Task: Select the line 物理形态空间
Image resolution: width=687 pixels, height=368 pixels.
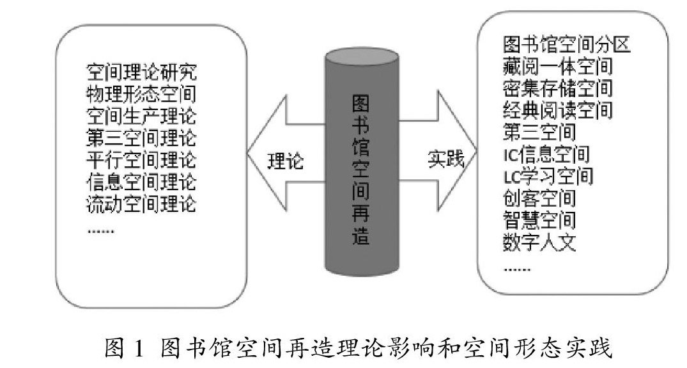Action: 141,94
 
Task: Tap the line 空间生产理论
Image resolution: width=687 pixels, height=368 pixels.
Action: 141,116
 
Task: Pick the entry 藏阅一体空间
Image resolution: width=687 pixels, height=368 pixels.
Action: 558,67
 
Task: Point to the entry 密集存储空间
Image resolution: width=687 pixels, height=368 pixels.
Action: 558,88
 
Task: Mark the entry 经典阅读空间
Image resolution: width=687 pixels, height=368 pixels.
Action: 558,110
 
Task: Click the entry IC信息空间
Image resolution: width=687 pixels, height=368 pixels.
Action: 546,154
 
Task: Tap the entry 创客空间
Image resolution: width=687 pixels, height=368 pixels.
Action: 539,198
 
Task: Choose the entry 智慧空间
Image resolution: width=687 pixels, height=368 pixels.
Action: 539,220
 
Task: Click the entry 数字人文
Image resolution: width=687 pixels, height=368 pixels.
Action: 539,242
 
